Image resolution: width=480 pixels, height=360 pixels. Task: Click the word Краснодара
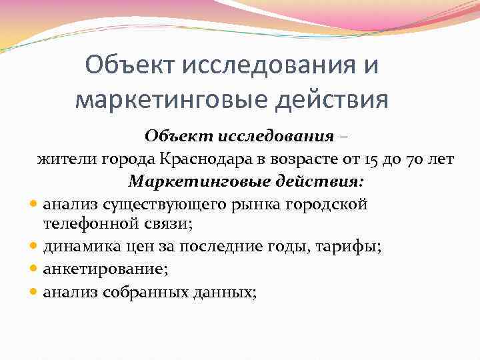[x=201, y=159]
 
